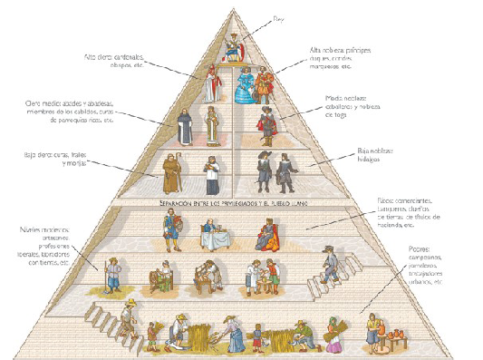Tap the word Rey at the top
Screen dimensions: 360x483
[x=277, y=17]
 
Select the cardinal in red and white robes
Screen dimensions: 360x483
[x=209, y=83]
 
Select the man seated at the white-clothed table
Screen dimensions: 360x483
[x=211, y=235]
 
